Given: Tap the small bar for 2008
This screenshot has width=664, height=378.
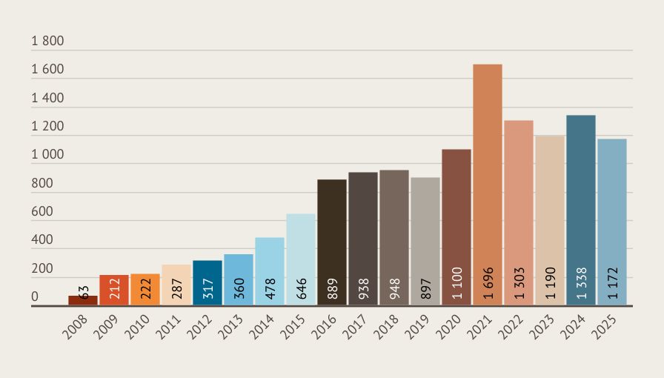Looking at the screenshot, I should click(83, 300).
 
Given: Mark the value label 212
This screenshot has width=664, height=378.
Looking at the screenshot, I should click(114, 288).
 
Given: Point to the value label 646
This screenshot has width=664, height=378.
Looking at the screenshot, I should click(301, 288).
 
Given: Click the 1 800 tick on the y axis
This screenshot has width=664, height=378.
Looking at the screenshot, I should click(47, 42).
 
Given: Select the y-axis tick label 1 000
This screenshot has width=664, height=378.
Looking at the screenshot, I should click(47, 156).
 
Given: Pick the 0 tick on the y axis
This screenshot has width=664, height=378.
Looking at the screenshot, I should click(35, 297).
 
